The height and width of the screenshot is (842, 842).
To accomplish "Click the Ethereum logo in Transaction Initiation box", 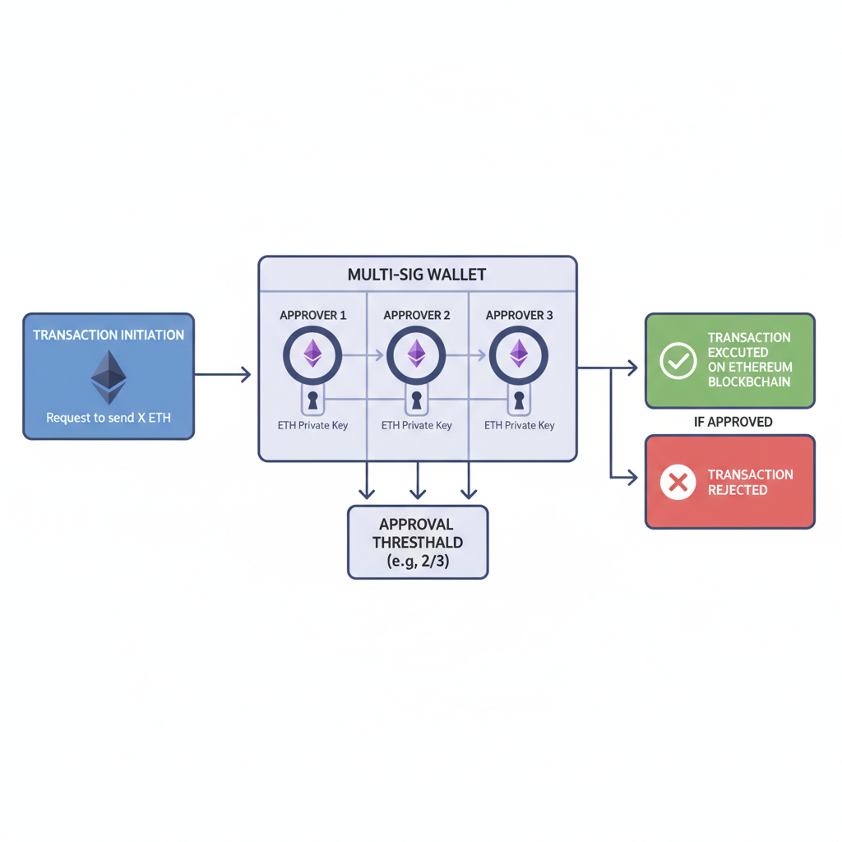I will [x=109, y=377].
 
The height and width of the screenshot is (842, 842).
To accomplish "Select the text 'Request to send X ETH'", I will [x=109, y=418].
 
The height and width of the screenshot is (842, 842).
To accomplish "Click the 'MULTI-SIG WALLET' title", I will [x=417, y=275].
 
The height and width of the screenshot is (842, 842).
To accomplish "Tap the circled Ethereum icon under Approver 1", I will [x=312, y=355].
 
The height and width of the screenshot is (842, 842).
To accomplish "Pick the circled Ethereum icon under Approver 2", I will [x=416, y=355].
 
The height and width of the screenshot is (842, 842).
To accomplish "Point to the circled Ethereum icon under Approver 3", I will [x=519, y=355].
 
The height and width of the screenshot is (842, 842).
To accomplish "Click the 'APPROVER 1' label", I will [x=312, y=316].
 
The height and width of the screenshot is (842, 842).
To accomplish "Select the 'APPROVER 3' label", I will [x=519, y=316].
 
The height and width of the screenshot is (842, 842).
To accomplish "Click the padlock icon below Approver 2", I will [x=416, y=401].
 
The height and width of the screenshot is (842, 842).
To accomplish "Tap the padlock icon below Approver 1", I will [x=312, y=401].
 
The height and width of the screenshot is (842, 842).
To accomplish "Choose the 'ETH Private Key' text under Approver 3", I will [x=519, y=425].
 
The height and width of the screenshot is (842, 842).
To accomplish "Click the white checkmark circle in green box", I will [x=678, y=361].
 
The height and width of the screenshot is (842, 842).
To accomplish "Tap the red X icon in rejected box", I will [x=678, y=482].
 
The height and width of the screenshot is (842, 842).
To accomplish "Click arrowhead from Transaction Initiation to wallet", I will [x=244, y=375].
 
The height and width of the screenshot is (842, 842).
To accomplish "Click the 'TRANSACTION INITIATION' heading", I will [x=109, y=335].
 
